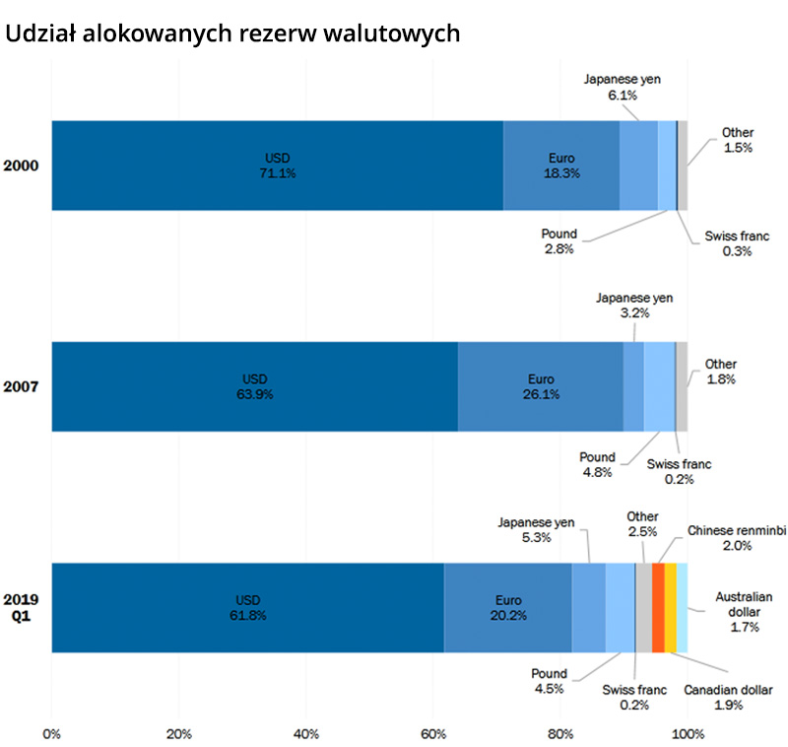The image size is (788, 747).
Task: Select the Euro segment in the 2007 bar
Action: (540, 386)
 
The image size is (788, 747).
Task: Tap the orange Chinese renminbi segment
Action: (658, 608)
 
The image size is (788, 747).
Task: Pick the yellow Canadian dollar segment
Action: (671, 608)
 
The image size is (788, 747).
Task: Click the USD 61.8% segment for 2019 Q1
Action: (248, 608)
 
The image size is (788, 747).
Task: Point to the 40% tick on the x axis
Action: (305, 733)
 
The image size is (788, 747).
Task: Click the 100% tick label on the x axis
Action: (688, 733)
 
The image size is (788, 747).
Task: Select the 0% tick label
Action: (52, 733)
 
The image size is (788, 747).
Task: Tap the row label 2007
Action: (21, 387)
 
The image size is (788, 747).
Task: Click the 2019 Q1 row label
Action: (21, 608)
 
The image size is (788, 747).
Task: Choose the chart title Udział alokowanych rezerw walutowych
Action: (232, 33)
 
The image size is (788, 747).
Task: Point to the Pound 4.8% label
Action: (597, 464)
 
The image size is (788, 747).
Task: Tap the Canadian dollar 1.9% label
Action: (728, 698)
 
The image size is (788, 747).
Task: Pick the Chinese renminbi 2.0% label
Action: (737, 537)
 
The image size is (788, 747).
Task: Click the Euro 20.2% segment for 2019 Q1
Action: (508, 608)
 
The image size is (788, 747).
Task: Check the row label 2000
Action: (21, 166)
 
